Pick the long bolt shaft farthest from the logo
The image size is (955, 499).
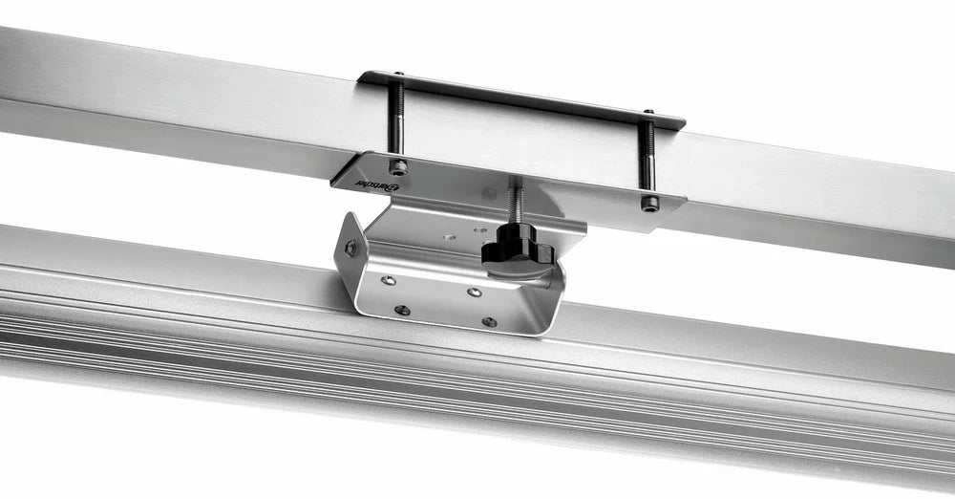(647, 153)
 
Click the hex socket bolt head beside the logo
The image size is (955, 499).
(399, 167)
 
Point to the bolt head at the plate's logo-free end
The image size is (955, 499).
(650, 203)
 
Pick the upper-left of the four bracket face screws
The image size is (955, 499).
(389, 281)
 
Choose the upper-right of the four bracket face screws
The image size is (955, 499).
(475, 292)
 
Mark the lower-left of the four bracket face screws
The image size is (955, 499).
(402, 310)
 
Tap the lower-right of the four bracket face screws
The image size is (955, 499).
(489, 322)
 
